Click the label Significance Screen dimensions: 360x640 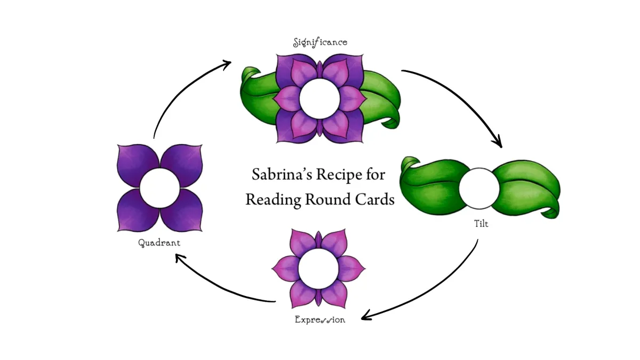[x=320, y=42]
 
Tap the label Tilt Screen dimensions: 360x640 [x=480, y=225]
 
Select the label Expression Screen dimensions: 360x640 [x=319, y=320]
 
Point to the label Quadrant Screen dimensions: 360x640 [x=159, y=243]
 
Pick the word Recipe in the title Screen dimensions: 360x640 [x=340, y=175]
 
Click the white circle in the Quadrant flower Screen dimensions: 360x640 [x=159, y=188]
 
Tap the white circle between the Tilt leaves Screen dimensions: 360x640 [x=479, y=188]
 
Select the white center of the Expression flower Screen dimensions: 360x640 [x=319, y=269]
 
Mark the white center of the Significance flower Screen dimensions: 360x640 [x=319, y=98]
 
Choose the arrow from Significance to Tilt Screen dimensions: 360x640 [x=464, y=96]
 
